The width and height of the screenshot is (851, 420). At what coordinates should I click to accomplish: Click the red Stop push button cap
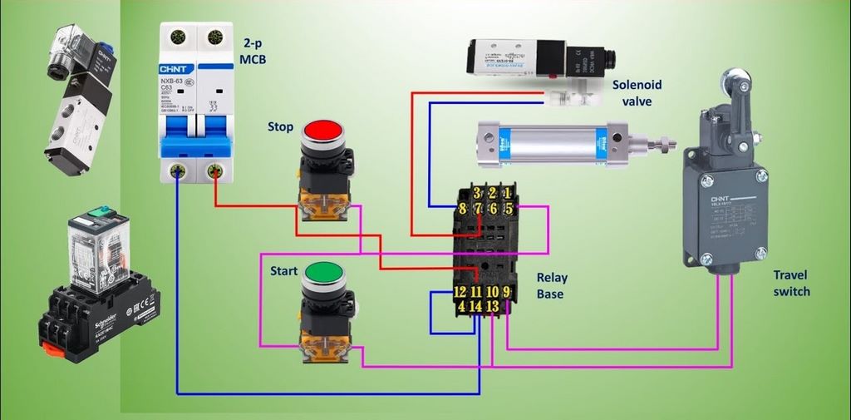(322, 131)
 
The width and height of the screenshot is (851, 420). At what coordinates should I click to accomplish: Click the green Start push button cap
(323, 273)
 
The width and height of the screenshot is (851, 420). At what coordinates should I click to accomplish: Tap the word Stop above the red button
(280, 127)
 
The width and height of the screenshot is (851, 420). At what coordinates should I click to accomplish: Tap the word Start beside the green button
(283, 271)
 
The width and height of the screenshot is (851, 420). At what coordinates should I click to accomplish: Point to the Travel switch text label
(790, 283)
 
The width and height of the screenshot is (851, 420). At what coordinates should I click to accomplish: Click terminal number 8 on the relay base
(462, 209)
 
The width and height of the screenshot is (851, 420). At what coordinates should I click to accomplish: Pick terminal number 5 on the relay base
(508, 209)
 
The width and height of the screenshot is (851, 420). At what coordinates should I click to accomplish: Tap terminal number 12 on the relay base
(460, 292)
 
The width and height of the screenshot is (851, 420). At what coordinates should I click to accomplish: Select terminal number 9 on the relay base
(507, 292)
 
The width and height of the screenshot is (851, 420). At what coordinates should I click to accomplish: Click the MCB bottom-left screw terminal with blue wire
(177, 171)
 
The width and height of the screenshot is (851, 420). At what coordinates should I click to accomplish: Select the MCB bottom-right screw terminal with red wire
(215, 171)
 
